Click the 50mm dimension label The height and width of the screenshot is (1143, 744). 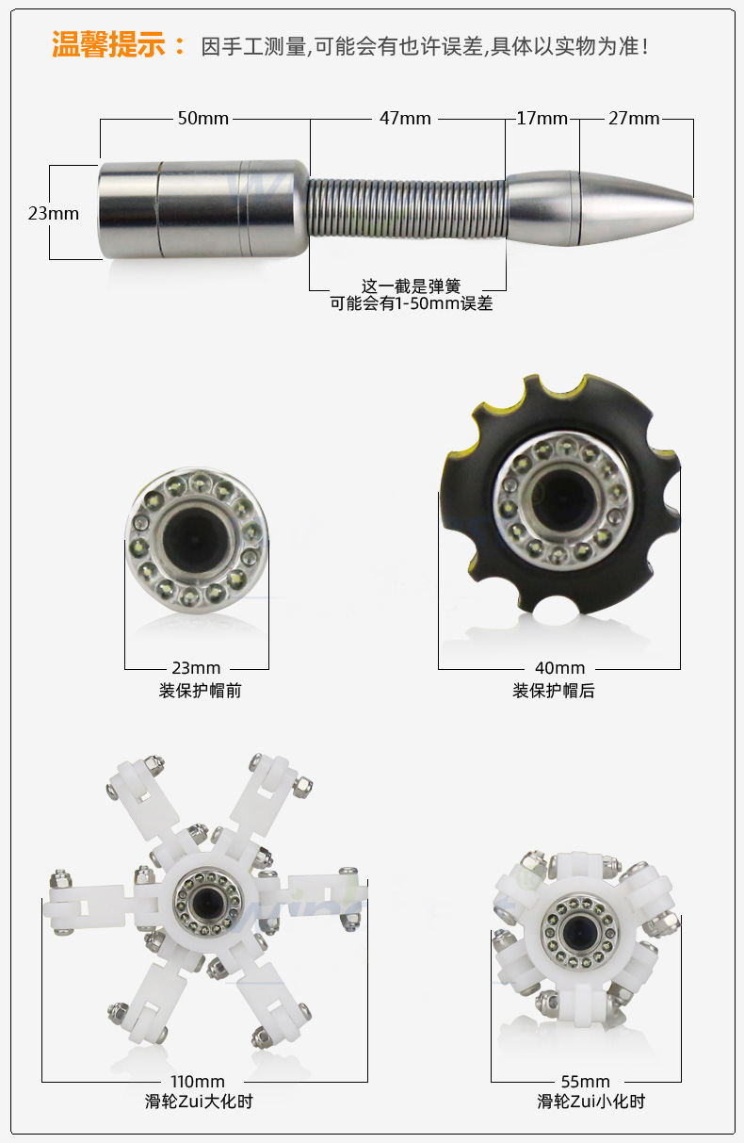[203, 119]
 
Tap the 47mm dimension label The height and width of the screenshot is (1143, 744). [405, 119]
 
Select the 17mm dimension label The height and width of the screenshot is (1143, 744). [542, 119]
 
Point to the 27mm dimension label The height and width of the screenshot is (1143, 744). [634, 119]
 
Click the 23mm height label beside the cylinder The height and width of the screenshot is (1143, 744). [54, 213]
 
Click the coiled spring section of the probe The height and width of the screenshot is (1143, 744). [408, 208]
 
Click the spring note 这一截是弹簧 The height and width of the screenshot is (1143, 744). [411, 286]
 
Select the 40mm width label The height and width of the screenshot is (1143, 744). [560, 668]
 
